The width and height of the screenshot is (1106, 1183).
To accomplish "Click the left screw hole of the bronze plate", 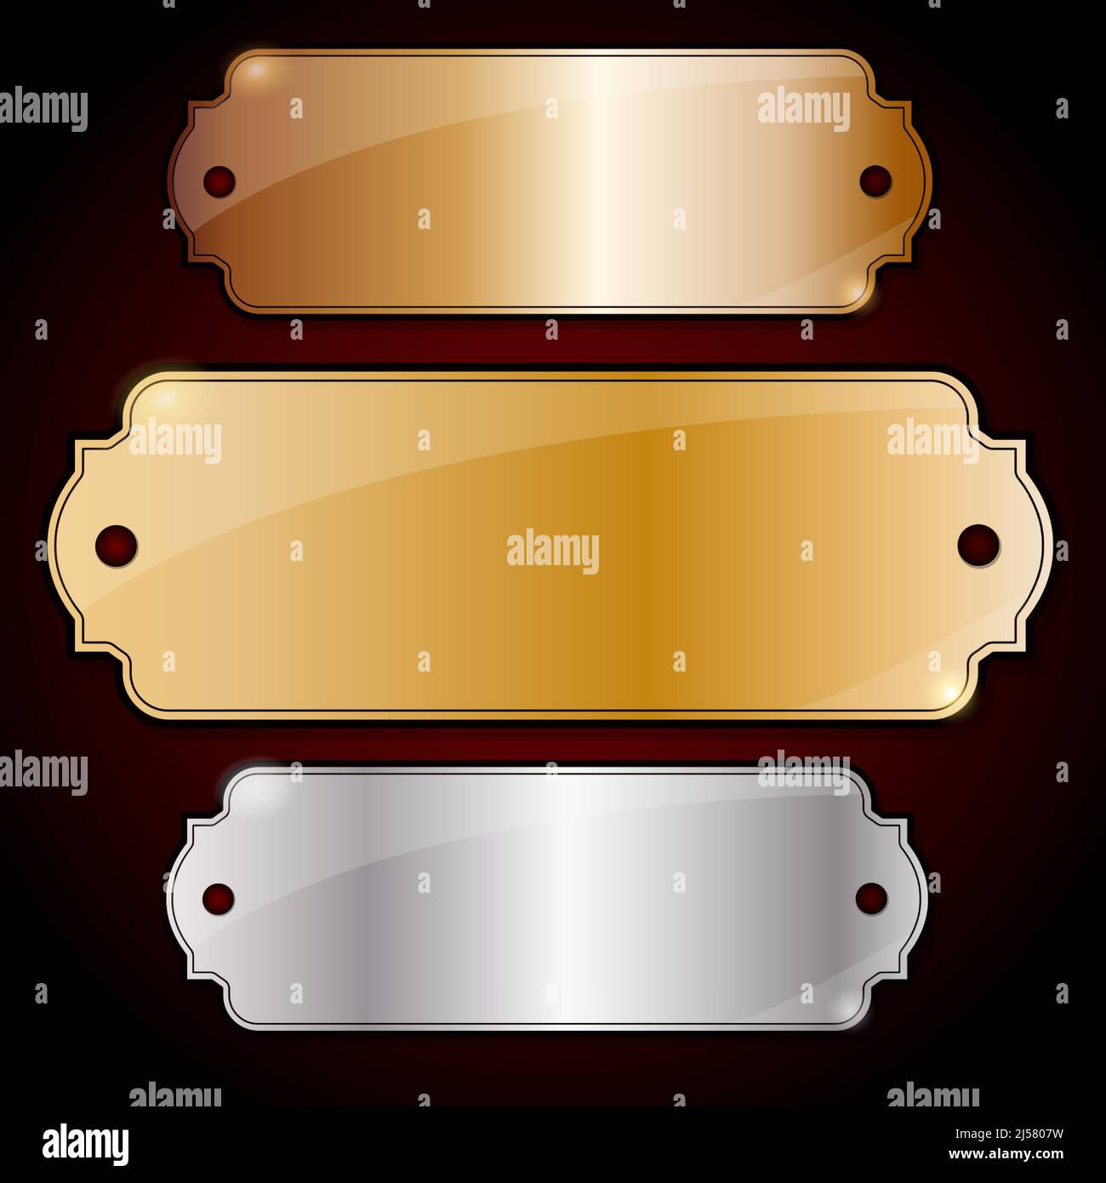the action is click(219, 181).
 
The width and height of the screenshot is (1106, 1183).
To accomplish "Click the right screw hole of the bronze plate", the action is click(875, 181).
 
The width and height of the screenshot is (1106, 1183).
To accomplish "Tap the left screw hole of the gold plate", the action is click(117, 546).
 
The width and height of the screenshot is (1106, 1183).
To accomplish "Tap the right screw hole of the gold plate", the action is click(978, 546).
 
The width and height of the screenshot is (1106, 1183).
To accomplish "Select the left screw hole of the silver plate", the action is click(219, 900).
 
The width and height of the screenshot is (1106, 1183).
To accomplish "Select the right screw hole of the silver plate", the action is click(871, 899).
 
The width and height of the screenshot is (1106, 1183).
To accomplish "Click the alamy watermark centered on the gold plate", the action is click(553, 551).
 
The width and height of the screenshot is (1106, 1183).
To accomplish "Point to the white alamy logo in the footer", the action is click(85, 1145).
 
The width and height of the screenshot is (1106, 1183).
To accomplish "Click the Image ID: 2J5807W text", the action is click(1009, 1134).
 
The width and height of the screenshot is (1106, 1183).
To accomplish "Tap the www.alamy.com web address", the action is click(1006, 1154).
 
